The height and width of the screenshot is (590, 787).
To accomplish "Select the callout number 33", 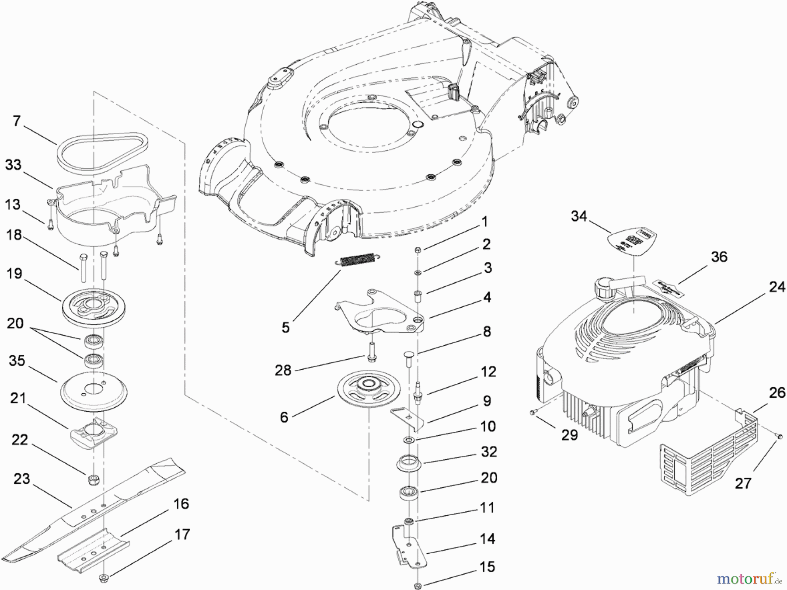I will (x=14, y=165).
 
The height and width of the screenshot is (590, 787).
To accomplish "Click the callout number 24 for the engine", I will (x=777, y=287).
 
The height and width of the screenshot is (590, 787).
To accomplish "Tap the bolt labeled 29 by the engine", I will (x=532, y=412).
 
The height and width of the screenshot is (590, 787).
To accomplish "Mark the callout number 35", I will (x=17, y=361).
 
